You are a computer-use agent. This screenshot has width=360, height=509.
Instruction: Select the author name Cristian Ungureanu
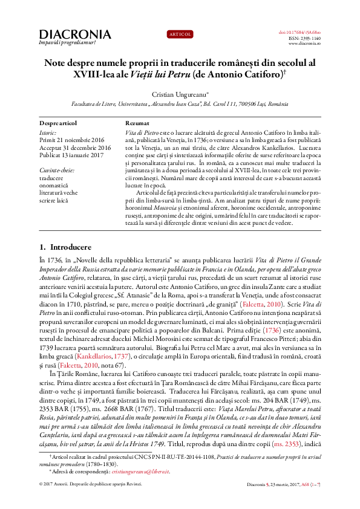pos(178,94)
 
